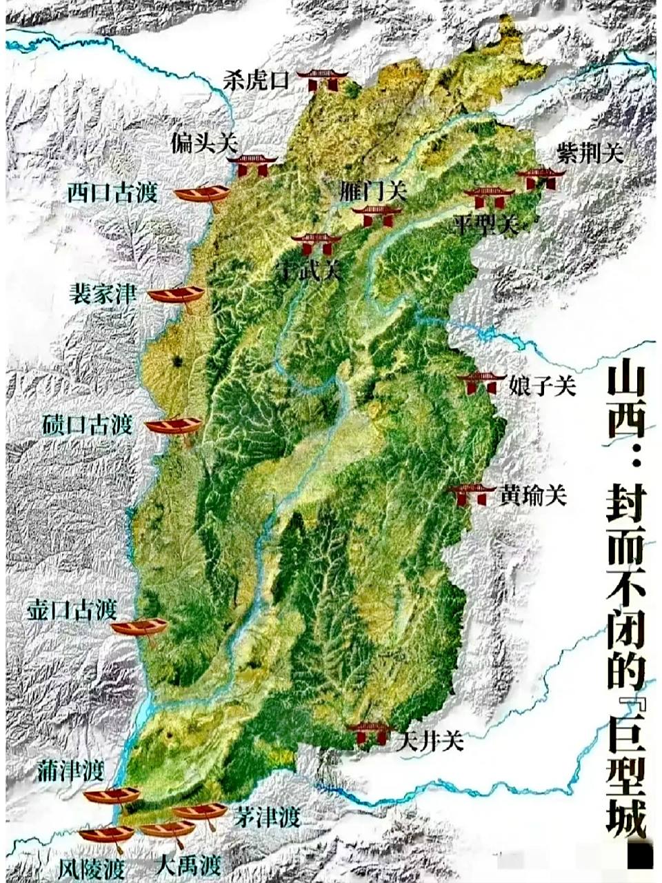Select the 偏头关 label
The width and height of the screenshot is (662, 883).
click(x=204, y=144)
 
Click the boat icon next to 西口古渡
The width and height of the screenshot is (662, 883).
click(x=201, y=194)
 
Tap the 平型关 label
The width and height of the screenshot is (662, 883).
click(x=486, y=224)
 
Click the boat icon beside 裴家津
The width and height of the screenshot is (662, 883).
click(x=177, y=295)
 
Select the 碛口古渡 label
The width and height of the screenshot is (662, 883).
click(x=87, y=424)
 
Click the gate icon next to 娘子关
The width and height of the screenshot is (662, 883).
click(x=481, y=383)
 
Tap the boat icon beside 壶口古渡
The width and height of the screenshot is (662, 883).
click(x=139, y=628)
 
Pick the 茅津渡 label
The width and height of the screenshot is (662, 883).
click(x=266, y=818)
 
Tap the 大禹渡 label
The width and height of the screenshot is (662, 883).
click(x=188, y=864)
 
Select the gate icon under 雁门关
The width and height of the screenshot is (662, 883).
click(x=376, y=215)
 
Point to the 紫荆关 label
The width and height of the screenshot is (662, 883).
click(x=590, y=153)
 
